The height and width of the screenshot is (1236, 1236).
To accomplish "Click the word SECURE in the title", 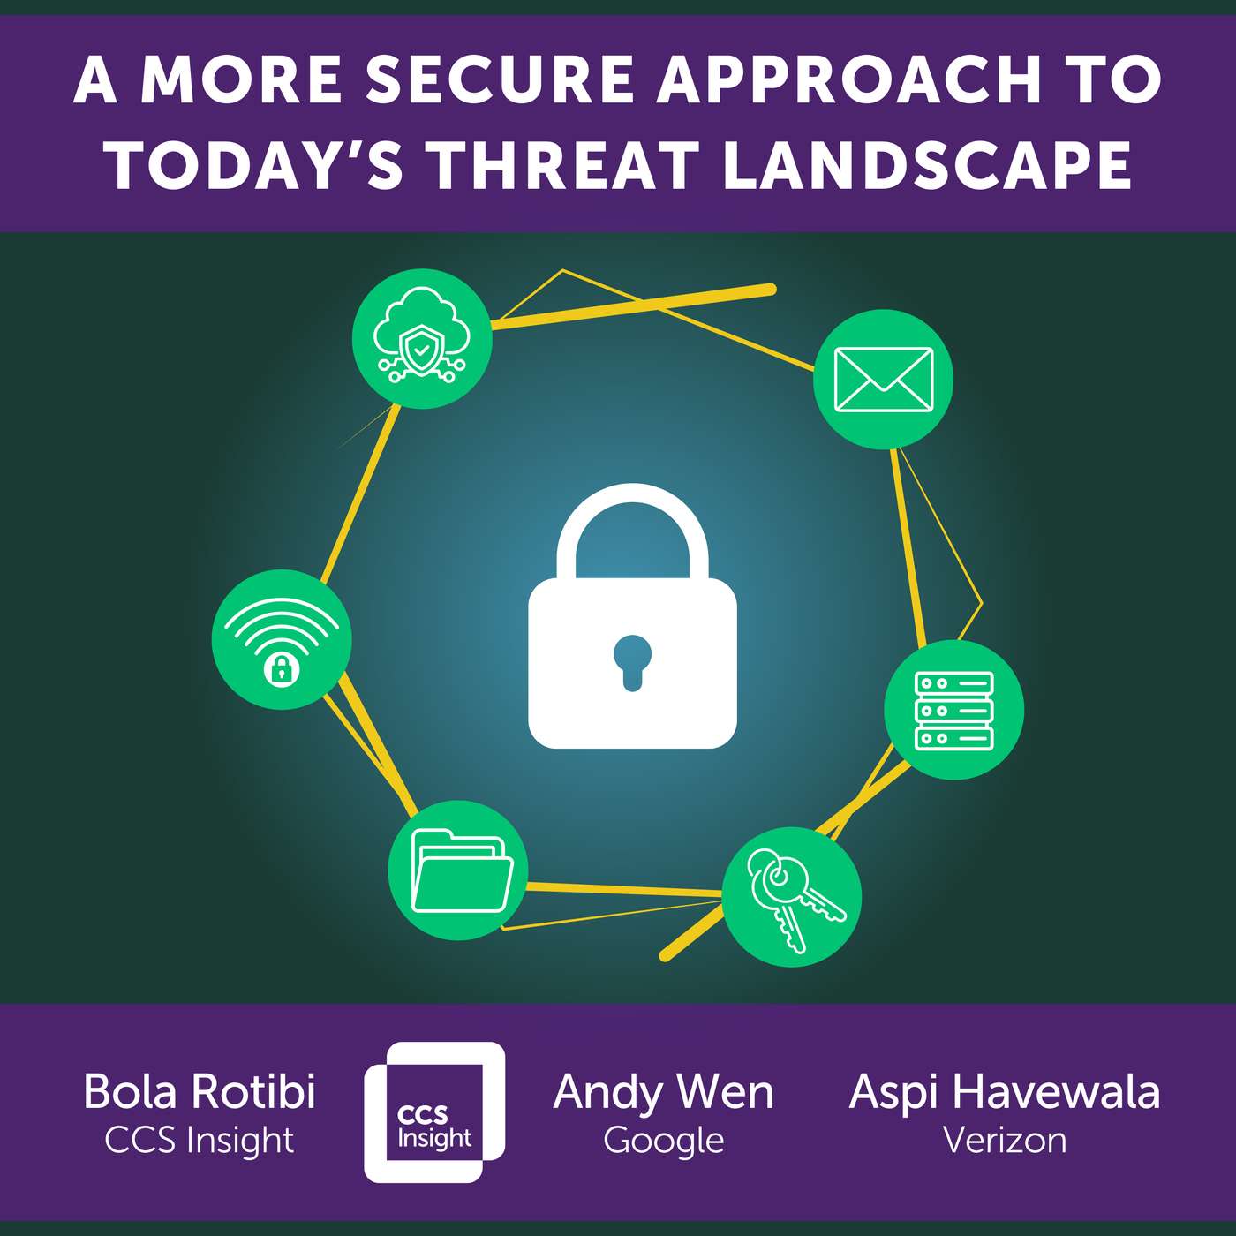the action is click(x=500, y=81).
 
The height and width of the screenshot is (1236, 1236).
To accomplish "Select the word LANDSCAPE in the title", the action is click(x=927, y=166).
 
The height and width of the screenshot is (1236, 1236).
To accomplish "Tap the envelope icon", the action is click(x=883, y=379).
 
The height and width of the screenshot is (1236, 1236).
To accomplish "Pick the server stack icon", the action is click(x=953, y=711).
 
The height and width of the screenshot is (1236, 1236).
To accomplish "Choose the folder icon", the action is click(x=460, y=870).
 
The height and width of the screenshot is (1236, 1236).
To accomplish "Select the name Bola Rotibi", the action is click(x=200, y=1091).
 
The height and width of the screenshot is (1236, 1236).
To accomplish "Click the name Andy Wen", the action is click(x=663, y=1091).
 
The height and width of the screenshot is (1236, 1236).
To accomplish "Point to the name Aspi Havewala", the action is click(x=1005, y=1092).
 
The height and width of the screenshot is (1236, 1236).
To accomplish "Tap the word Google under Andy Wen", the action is click(x=664, y=1141).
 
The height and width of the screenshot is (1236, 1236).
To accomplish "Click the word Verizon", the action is click(x=1005, y=1140).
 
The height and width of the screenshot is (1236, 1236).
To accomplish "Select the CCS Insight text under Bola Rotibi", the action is click(x=200, y=1141).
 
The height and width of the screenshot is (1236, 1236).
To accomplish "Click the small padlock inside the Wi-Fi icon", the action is click(x=282, y=670).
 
